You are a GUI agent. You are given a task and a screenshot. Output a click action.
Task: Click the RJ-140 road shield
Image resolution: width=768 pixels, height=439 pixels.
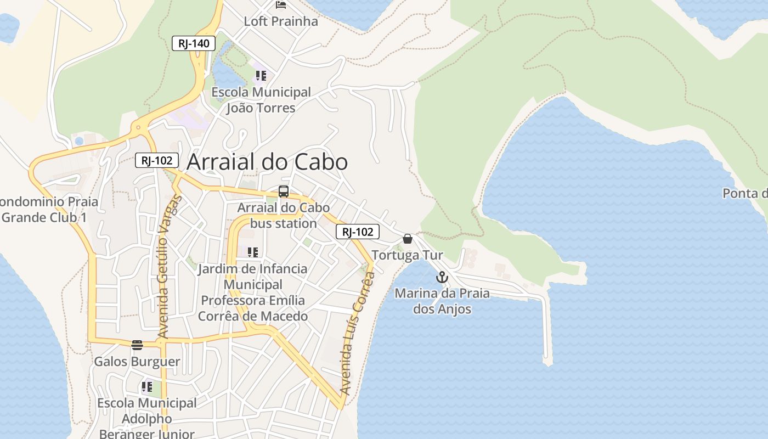194,43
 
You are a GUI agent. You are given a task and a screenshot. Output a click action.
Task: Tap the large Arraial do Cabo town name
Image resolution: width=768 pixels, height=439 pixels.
267,162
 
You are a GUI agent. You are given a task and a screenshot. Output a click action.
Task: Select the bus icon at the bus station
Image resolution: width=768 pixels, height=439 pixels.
284,192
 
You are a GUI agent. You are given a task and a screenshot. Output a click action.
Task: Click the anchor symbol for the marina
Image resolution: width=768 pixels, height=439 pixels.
442,277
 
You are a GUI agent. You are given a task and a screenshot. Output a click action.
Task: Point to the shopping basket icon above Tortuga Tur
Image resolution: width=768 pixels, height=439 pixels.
408,239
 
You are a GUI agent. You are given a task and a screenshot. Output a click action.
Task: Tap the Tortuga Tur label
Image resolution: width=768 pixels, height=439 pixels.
407,255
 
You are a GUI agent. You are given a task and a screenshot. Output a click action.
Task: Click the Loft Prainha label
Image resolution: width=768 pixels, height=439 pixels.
281,21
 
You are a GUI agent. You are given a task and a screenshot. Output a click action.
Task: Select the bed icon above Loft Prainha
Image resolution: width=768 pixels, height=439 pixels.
281,5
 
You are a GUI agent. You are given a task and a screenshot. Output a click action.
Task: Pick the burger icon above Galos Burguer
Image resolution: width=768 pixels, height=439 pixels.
137,345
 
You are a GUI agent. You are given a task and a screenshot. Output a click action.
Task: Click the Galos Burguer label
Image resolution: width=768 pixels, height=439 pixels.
137,362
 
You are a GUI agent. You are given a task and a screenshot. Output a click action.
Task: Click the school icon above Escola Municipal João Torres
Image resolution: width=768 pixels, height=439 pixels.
261,76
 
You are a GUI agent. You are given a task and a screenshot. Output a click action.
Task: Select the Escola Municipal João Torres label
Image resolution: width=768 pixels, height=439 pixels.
261,100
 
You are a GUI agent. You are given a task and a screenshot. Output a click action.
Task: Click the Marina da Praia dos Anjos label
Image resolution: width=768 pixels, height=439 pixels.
442,301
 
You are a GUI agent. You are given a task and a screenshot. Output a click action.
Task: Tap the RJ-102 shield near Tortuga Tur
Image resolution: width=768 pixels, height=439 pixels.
358,232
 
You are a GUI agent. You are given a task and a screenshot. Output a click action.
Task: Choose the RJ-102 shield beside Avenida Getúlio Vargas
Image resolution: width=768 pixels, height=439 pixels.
157,160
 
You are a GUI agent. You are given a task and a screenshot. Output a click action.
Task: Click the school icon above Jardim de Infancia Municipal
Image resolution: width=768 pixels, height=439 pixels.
253,252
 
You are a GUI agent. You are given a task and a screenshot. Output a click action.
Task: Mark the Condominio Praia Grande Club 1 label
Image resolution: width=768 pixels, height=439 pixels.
47,209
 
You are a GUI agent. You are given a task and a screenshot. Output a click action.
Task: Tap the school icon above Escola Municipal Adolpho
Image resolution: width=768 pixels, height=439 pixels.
147,387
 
